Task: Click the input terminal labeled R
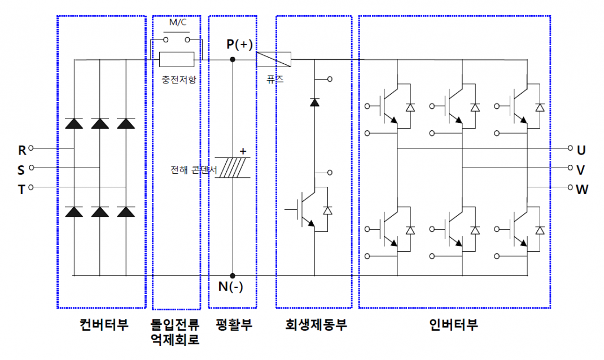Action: click(32, 149)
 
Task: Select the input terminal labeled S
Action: click(32, 168)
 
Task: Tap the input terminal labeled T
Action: click(32, 187)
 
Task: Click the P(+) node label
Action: click(240, 45)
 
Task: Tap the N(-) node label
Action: click(230, 287)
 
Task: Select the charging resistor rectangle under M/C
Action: click(177, 59)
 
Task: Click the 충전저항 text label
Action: click(177, 80)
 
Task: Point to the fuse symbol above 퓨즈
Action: click(274, 59)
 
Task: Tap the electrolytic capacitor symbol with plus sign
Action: click(232, 169)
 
